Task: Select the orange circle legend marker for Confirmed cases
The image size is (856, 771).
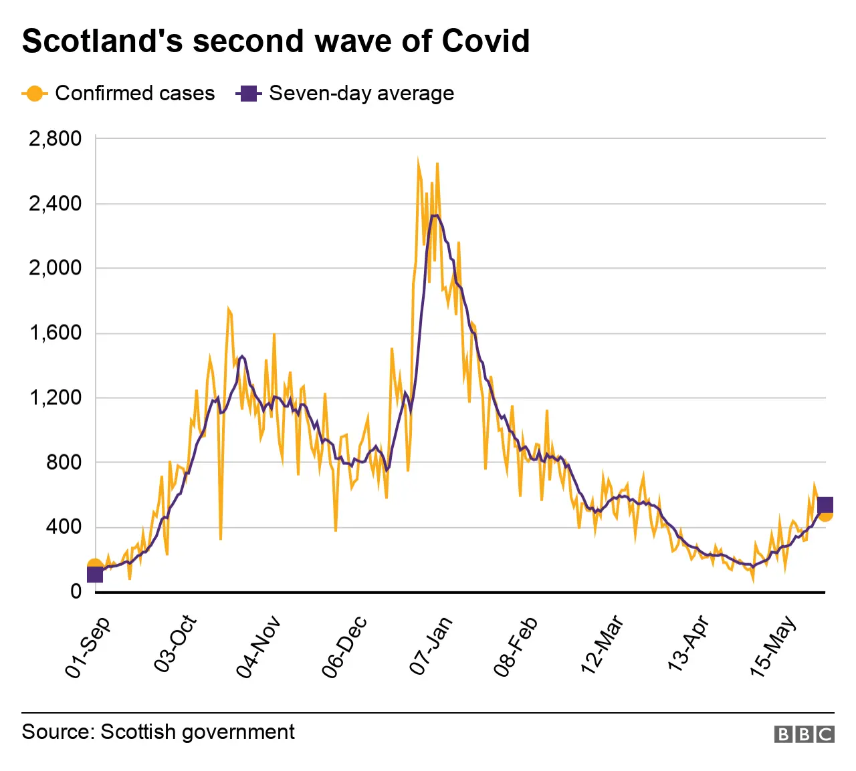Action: (x=35, y=94)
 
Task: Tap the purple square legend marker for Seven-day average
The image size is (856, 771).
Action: (x=248, y=94)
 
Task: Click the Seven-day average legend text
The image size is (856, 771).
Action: (x=361, y=94)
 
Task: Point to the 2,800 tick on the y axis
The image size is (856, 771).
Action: (x=55, y=138)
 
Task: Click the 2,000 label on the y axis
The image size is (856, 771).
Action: (x=55, y=268)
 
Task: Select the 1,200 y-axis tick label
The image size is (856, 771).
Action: (x=55, y=398)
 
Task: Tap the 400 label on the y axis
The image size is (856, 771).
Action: (x=64, y=527)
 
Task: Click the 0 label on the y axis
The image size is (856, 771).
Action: (x=76, y=591)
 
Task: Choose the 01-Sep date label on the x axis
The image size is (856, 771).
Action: (x=88, y=647)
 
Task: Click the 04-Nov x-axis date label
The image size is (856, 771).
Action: (x=258, y=647)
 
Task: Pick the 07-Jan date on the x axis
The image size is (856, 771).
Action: (x=431, y=645)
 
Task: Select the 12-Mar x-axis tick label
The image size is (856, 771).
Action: (x=603, y=645)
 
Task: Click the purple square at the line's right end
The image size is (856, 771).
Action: (x=825, y=505)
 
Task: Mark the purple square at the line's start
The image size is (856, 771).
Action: (x=95, y=574)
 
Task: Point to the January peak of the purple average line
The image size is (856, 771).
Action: (x=435, y=215)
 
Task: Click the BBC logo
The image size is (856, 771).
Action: (x=804, y=734)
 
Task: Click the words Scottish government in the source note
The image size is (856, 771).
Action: (x=197, y=732)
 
